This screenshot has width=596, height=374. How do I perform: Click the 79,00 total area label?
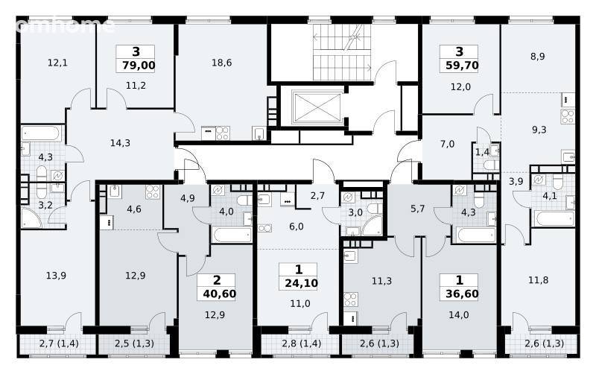139,66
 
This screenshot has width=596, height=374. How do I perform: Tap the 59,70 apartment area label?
462,66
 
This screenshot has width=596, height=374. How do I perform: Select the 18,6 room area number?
221,63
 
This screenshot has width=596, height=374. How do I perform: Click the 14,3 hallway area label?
120,143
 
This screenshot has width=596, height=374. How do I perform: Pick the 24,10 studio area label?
301,283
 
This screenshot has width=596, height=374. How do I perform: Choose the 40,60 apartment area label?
219,294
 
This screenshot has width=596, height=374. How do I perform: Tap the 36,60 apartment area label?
462,294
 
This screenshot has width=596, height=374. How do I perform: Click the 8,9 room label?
537,57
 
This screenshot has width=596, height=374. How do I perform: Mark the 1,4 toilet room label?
482,153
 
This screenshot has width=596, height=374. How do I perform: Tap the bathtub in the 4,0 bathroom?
232,234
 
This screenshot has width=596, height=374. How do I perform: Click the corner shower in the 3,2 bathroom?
31,218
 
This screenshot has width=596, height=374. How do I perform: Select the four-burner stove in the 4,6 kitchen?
153,191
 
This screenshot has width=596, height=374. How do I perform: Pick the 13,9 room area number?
56,275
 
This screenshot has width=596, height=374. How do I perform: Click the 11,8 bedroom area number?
538,280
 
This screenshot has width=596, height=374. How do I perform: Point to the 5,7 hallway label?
418,209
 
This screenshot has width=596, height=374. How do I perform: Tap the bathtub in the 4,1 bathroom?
554,219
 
